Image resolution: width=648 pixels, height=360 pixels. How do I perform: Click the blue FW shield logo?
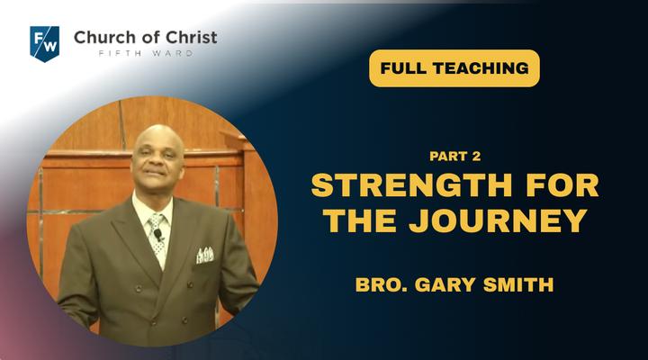45,44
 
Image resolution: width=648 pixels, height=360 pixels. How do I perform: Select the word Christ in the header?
192,38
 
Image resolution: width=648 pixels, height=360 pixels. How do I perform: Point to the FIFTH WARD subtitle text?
146,53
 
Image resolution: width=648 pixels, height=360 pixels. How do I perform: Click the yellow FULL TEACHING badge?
454,68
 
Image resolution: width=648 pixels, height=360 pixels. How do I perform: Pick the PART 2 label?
455,157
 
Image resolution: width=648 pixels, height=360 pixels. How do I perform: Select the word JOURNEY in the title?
499,220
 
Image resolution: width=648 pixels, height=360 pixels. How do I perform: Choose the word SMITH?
518,284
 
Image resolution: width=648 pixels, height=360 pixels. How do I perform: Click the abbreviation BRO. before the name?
382,284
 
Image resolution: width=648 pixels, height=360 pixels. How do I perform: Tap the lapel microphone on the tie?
157,235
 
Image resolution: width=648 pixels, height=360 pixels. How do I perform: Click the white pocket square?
205,255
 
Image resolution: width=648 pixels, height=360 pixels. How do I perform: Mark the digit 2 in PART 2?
476,157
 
